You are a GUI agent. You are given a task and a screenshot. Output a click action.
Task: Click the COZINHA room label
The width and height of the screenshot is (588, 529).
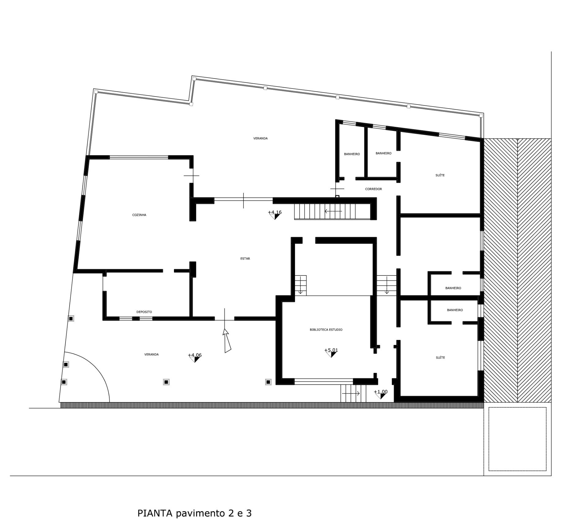point(139,215)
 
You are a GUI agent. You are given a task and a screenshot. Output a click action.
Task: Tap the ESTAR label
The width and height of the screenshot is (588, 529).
point(245,259)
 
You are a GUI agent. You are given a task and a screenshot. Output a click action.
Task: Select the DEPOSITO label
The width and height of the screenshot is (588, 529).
point(144,312)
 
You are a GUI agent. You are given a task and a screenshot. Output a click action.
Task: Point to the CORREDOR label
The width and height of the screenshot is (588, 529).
point(373,189)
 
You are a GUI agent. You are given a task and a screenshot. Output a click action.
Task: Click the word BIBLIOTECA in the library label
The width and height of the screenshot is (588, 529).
point(319,330)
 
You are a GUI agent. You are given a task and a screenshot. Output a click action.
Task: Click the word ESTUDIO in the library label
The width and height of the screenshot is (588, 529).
point(336,330)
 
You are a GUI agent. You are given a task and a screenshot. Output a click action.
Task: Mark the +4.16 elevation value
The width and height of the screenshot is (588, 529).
point(275,212)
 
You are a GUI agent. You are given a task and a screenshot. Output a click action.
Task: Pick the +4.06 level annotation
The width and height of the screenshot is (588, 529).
point(195,355)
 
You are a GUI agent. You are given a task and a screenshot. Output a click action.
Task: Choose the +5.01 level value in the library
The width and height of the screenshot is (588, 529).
point(331,350)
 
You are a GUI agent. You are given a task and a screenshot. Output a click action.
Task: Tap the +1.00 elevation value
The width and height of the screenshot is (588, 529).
point(381,392)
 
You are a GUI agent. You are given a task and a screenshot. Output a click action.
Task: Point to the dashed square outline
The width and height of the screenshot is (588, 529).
point(489,439)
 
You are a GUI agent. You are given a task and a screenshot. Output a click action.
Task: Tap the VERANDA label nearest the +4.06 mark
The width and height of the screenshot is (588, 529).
point(151,355)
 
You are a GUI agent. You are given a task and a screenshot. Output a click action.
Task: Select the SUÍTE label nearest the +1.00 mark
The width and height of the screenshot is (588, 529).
point(440,358)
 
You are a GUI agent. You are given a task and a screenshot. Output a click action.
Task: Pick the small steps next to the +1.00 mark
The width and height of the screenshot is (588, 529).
point(353,393)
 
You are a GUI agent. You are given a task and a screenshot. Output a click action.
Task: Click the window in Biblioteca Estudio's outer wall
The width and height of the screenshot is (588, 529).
point(323,382)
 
